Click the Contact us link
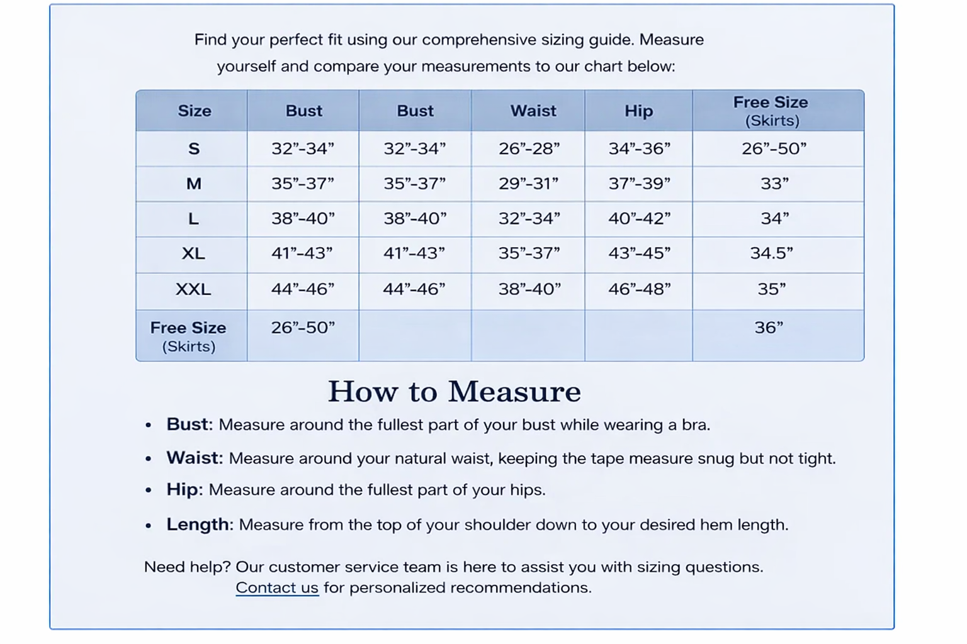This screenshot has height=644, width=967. pos(277,587)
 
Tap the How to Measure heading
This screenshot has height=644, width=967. pos(454,391)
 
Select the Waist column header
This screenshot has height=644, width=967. pos(533,111)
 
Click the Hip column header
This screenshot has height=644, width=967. pos(638,111)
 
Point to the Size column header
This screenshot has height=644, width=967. pos(194,111)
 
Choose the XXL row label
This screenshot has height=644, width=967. pos(193,289)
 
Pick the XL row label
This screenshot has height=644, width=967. pos(193,253)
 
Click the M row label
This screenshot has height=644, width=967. pos(193,184)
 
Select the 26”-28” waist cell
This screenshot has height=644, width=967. pos(529,149)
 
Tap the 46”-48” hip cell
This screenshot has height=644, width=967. pos(639,289)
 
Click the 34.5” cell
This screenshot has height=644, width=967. pos(771,253)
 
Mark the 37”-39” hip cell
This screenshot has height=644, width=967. pos(639,184)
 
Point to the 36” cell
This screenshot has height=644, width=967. pos(769,328)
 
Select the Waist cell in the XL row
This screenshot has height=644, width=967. pos(529,253)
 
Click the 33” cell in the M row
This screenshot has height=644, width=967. pos(774,184)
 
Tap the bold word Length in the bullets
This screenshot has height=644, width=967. pos(198,525)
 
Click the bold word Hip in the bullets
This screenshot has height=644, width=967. pos(182,490)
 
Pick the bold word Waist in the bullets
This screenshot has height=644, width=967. pos(193,458)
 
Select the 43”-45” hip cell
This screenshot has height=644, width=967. pos(639,253)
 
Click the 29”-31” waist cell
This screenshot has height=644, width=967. pos(529,184)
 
